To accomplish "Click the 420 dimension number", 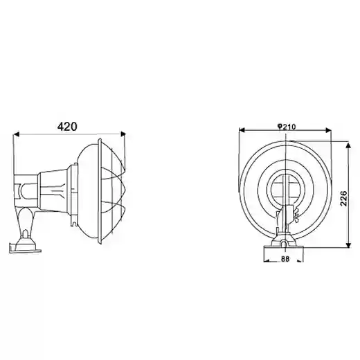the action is click(67, 127).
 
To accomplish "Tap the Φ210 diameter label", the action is click(286, 127).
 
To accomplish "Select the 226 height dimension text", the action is click(343, 199).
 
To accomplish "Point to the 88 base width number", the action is click(285, 259).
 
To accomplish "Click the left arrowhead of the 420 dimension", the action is click(16, 134).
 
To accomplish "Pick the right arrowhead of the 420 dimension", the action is click(123, 134).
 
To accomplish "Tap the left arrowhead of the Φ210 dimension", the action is click(242, 130).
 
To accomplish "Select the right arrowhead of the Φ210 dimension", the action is click(329, 130).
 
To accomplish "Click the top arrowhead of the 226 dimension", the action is click(349, 145).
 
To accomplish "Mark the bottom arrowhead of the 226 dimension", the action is click(349, 245).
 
